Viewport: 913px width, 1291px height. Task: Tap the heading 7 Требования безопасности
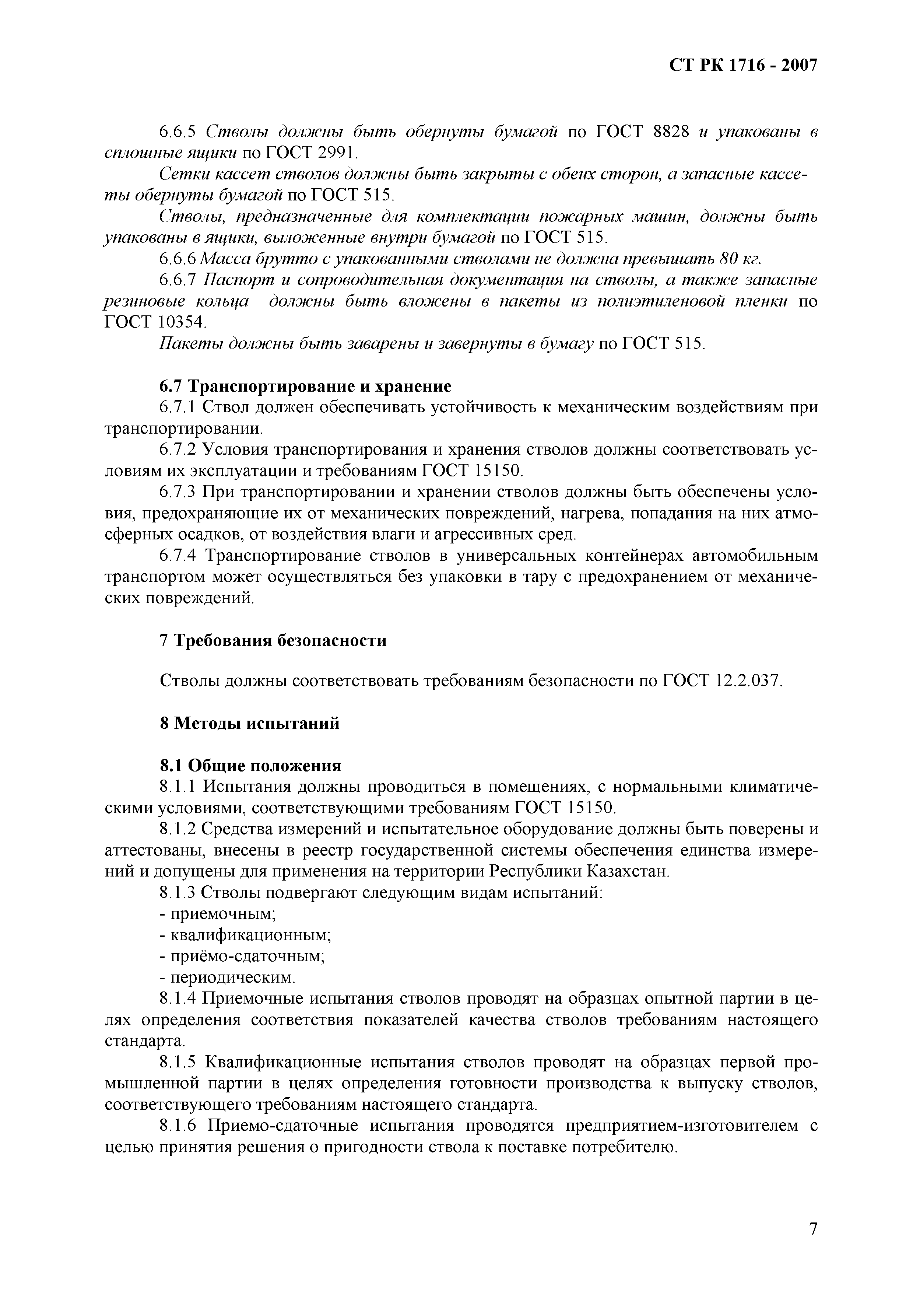tap(273, 640)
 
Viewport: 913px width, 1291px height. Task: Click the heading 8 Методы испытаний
tap(250, 723)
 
